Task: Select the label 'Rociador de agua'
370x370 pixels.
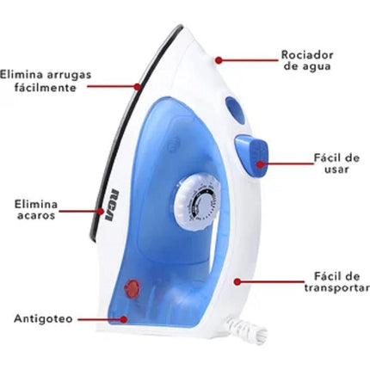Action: (307, 60)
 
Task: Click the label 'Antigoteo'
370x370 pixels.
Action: (43, 318)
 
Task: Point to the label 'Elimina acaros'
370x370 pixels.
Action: (36, 210)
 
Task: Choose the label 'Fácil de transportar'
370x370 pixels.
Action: (337, 282)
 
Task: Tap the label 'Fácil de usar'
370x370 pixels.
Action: (336, 163)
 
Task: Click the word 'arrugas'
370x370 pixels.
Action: (69, 75)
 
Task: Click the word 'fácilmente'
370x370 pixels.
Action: (46, 87)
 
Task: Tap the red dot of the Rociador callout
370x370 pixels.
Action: (219, 60)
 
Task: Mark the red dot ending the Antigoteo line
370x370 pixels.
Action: (124, 319)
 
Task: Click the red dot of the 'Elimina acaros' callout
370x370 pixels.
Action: (101, 212)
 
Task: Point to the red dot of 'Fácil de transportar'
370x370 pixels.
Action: (237, 282)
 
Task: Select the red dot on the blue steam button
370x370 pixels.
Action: (260, 164)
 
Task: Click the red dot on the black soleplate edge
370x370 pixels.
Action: (138, 86)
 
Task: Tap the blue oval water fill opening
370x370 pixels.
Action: (235, 110)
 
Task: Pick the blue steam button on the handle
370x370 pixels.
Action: (252, 156)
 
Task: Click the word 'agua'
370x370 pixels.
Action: (316, 66)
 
